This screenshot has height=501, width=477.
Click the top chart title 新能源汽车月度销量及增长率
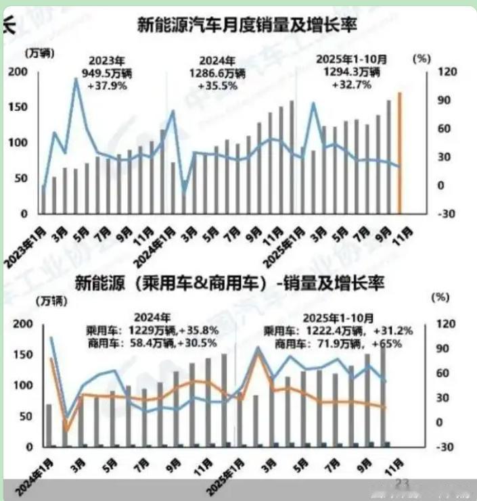247,26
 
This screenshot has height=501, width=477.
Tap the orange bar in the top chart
399,152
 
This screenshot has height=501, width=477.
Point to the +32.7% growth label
351,85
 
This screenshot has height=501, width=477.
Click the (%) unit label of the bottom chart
439,297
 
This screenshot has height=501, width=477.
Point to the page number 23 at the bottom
403,483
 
